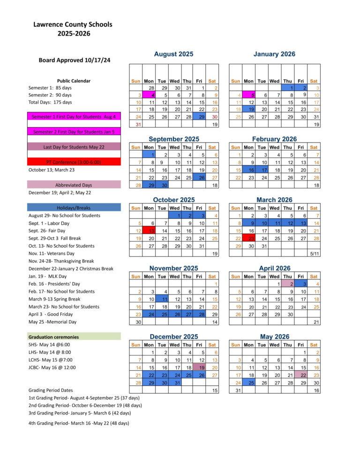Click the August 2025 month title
[173, 54]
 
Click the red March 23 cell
[249, 238]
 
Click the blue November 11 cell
[162, 299]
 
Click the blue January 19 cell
[249, 109]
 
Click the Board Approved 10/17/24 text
[75, 60]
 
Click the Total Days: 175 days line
[50, 102]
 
